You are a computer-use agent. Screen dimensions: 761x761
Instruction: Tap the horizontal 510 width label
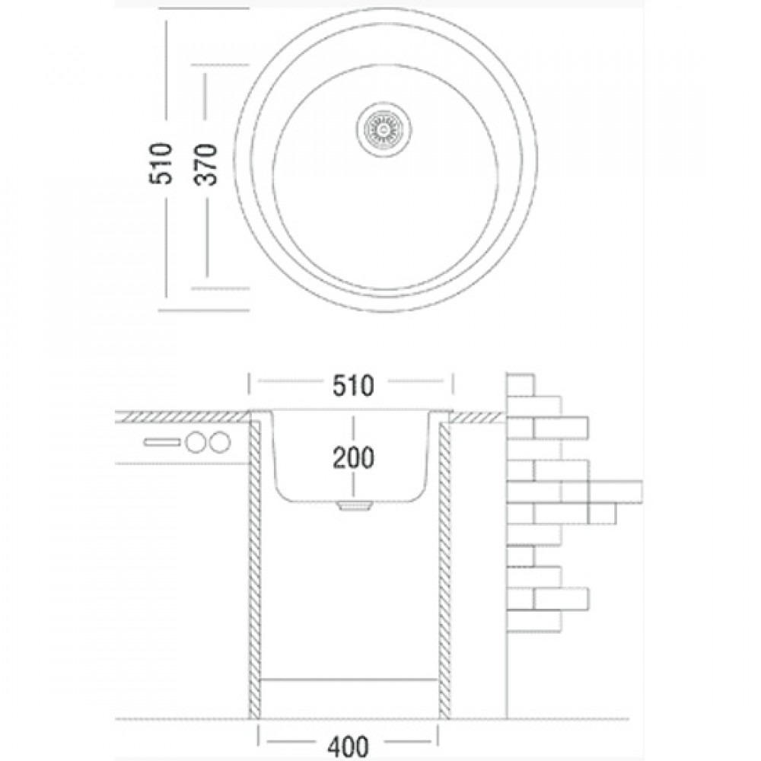coord(353,387)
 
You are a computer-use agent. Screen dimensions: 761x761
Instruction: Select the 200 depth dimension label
coord(353,457)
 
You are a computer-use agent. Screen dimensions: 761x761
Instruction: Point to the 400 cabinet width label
coord(349,746)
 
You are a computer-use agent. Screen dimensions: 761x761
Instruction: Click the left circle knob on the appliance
coord(196,442)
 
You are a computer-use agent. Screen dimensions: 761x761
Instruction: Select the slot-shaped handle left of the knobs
coord(163,442)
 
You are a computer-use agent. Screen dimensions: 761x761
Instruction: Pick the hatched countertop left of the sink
coord(182,416)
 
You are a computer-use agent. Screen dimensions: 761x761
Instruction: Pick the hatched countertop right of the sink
coord(477,416)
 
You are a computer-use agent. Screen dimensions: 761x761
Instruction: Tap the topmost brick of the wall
coord(521,385)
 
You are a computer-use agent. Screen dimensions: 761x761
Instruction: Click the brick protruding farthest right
coord(615,491)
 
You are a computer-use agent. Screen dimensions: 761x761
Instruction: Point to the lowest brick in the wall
coord(533,621)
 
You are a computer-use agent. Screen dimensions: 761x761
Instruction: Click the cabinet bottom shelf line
coord(349,679)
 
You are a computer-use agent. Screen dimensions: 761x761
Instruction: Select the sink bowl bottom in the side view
coord(354,501)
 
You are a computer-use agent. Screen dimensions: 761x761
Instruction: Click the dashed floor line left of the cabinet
coord(182,719)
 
